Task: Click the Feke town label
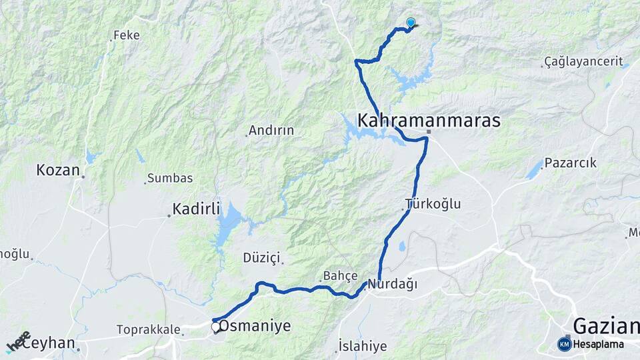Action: [x=127, y=35]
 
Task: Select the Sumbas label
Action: [x=170, y=178]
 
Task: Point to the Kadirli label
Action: [x=196, y=209]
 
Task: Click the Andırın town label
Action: [x=271, y=131]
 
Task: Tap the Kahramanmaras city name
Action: [x=429, y=121]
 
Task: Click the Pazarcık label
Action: [x=570, y=163]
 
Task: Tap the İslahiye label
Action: [x=363, y=346]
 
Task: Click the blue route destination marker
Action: [x=411, y=22]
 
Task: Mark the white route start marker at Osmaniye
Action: [x=216, y=327]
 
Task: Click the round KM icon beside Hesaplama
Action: [x=565, y=344]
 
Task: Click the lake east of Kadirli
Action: [x=228, y=223]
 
